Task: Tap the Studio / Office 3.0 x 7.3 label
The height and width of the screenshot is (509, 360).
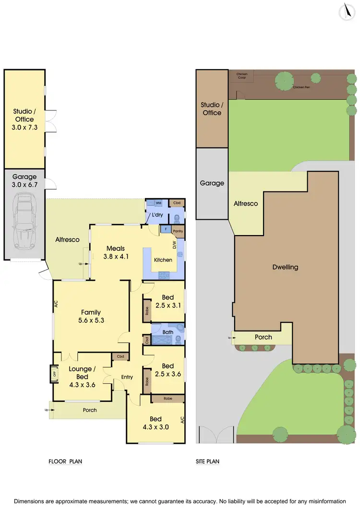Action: (24, 119)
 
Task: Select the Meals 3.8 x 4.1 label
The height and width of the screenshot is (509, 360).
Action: (116, 252)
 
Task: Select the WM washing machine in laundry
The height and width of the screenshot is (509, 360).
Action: (158, 203)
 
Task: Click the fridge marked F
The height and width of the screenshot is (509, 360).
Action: (165, 229)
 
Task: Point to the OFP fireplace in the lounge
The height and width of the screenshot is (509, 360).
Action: (55, 374)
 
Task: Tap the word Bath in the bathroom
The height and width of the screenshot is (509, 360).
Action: (168, 331)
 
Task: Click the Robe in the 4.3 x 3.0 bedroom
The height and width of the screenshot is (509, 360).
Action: (168, 399)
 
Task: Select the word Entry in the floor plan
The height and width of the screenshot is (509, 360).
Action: (127, 377)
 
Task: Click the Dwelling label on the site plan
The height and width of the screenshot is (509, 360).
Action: (285, 267)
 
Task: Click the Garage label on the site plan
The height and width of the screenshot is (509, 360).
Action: (212, 183)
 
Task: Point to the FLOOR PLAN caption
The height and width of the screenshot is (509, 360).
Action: (65, 462)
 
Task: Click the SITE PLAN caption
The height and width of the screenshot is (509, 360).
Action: (208, 462)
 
